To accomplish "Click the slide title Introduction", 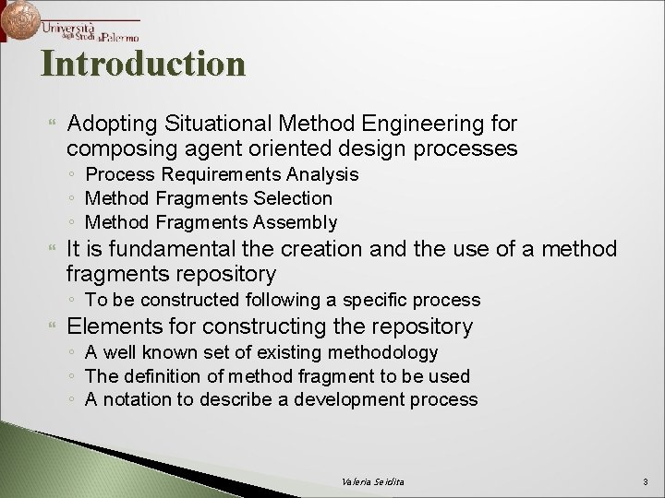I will point(143,64).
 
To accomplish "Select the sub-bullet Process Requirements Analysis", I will point(222,174).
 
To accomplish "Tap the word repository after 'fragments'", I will point(225,274).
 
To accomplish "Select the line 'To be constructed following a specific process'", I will point(283,300).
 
